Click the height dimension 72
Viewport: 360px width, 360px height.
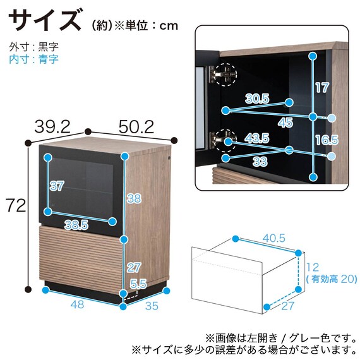pyautogui.click(x=15, y=205)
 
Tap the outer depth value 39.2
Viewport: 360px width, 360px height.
pyautogui.click(x=52, y=127)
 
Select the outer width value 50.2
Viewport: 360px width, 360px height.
pyautogui.click(x=136, y=127)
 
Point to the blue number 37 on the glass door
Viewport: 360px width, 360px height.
pyautogui.click(x=56, y=186)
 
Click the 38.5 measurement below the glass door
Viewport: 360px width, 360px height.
pyautogui.click(x=76, y=225)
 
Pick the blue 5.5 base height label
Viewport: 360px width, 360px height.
pyautogui.click(x=139, y=284)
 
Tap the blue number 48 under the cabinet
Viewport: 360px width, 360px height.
pyautogui.click(x=78, y=304)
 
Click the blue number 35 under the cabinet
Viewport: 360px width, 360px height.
pyautogui.click(x=152, y=306)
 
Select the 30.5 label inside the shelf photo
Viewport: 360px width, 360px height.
pyautogui.click(x=257, y=99)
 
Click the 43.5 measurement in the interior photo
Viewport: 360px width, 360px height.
pyautogui.click(x=257, y=138)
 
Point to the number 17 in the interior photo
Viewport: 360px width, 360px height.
pyautogui.click(x=322, y=88)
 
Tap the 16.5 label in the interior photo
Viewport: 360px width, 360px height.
pyautogui.click(x=327, y=140)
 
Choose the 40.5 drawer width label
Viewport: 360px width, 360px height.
pyautogui.click(x=273, y=238)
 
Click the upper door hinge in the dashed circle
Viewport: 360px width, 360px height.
pyautogui.click(x=223, y=74)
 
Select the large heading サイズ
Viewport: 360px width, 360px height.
pyautogui.click(x=45, y=20)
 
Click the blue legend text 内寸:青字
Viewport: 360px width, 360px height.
pyautogui.click(x=33, y=59)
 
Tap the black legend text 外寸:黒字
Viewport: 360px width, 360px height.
pyautogui.click(x=33, y=47)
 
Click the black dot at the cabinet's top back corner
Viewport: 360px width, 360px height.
pyautogui.click(x=88, y=131)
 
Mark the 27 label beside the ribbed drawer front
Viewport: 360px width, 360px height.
pyautogui.click(x=134, y=268)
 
